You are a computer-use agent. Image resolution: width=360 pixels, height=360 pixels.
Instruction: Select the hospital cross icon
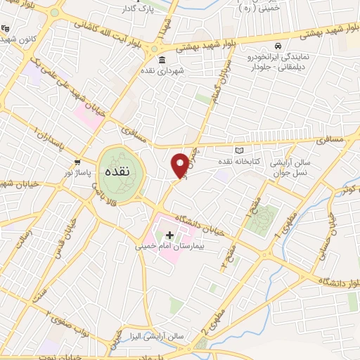pos(169,234)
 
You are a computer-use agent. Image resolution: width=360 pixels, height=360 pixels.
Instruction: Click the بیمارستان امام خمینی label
pos(169,247)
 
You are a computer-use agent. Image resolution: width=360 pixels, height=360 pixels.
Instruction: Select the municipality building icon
pos(162,59)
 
